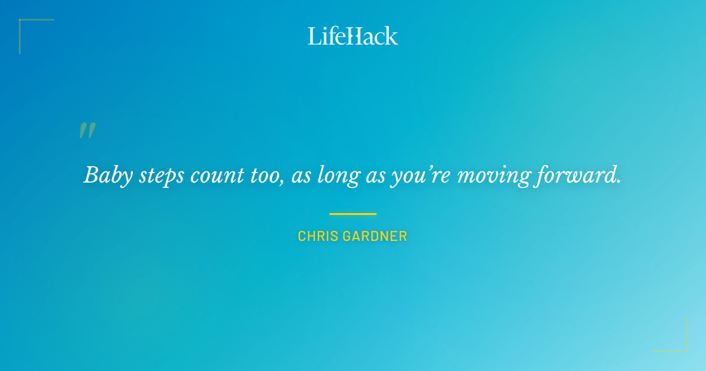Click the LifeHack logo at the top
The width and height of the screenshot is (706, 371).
352,36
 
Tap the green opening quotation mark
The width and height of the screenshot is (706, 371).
87,131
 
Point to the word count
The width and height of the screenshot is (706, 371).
215,175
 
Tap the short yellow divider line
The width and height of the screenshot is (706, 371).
352,214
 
